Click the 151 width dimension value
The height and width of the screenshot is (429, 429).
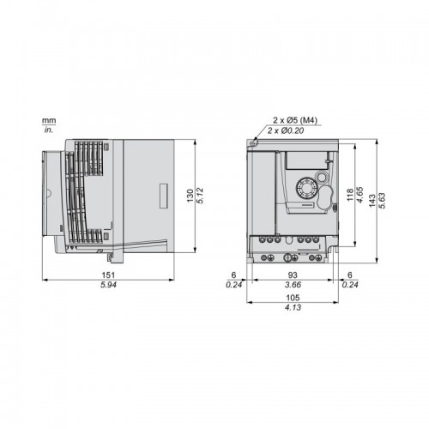pos(108,275)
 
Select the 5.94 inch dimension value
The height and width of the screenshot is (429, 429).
pos(108,285)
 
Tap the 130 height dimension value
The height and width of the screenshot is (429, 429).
pos(190,196)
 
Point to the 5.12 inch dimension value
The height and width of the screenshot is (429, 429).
pos(200,196)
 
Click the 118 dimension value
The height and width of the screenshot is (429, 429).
pos(350,195)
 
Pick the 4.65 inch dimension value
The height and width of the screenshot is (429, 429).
pos(360,195)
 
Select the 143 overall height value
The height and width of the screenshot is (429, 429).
pos(372,201)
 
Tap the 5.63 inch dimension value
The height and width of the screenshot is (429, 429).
pos(382,201)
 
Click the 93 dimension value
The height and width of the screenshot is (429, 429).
pos(293,275)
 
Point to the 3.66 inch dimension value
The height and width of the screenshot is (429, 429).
pos(293,285)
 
